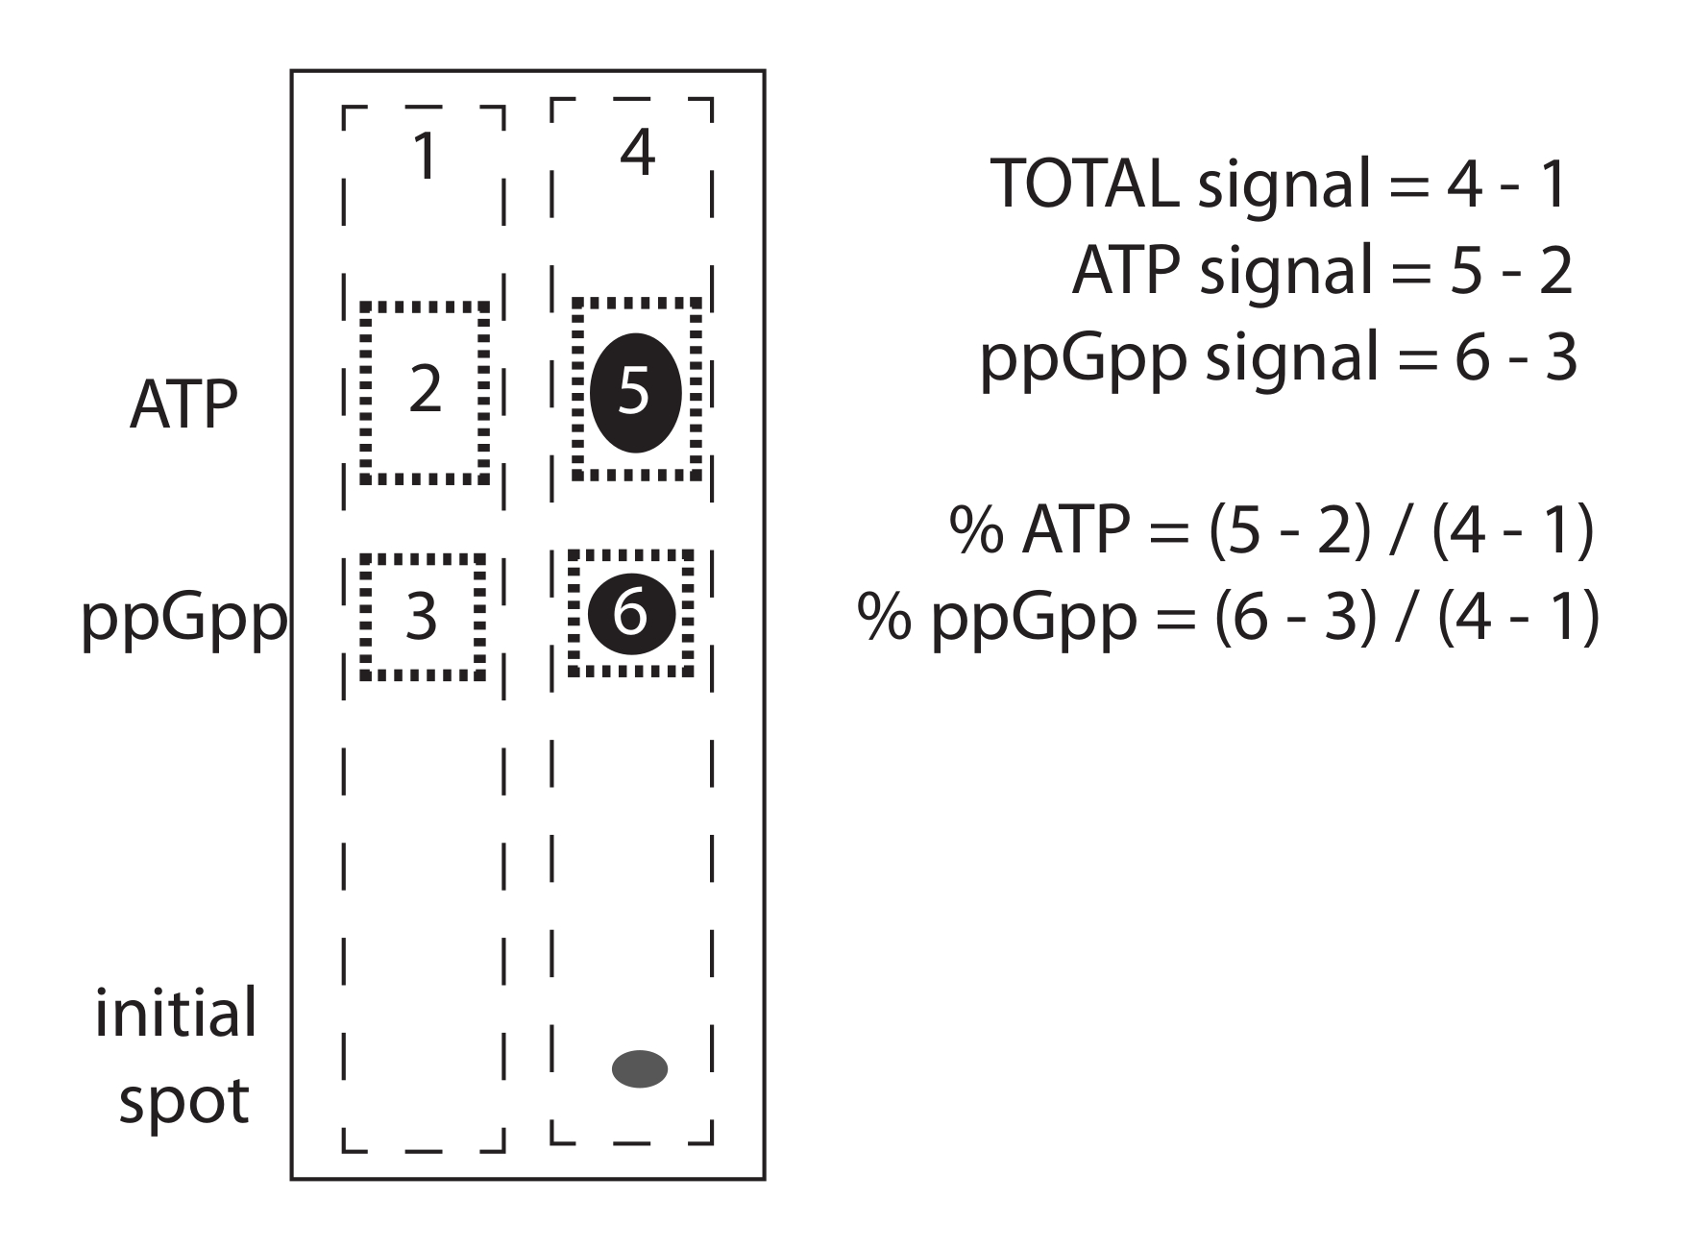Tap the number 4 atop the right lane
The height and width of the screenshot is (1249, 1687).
coord(637,151)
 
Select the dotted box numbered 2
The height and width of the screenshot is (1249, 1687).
coord(425,393)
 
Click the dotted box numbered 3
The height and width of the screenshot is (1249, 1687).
coord(422,617)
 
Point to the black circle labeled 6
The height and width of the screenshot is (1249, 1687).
coord(630,613)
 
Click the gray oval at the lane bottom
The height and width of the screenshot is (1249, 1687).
coord(640,1068)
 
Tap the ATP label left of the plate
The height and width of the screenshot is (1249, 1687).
coord(183,405)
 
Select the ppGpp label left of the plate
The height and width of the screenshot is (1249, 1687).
coord(183,621)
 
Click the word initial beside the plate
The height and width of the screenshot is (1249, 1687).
coord(176,1014)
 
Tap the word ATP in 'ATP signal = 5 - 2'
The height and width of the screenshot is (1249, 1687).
coord(1125,270)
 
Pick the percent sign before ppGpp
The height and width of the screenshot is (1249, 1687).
coord(885,618)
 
